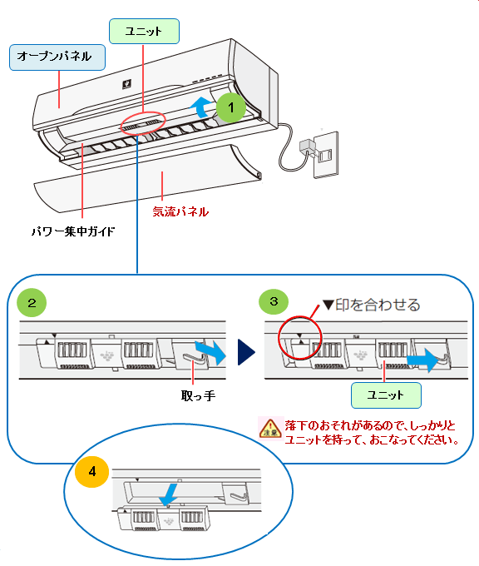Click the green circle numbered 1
231,107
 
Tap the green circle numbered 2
32,302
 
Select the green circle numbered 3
274,301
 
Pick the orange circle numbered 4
92,471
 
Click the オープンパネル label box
57,57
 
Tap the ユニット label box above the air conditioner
144,32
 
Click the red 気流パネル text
180,211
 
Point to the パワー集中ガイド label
73,231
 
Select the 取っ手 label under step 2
198,396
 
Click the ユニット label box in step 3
386,395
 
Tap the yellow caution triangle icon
270,428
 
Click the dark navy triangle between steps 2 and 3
246,352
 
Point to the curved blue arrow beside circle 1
201,107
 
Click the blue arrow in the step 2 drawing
211,352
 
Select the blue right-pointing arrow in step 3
425,360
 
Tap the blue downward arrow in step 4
169,495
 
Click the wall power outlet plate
326,155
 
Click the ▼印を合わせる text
372,305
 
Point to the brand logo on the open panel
126,84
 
